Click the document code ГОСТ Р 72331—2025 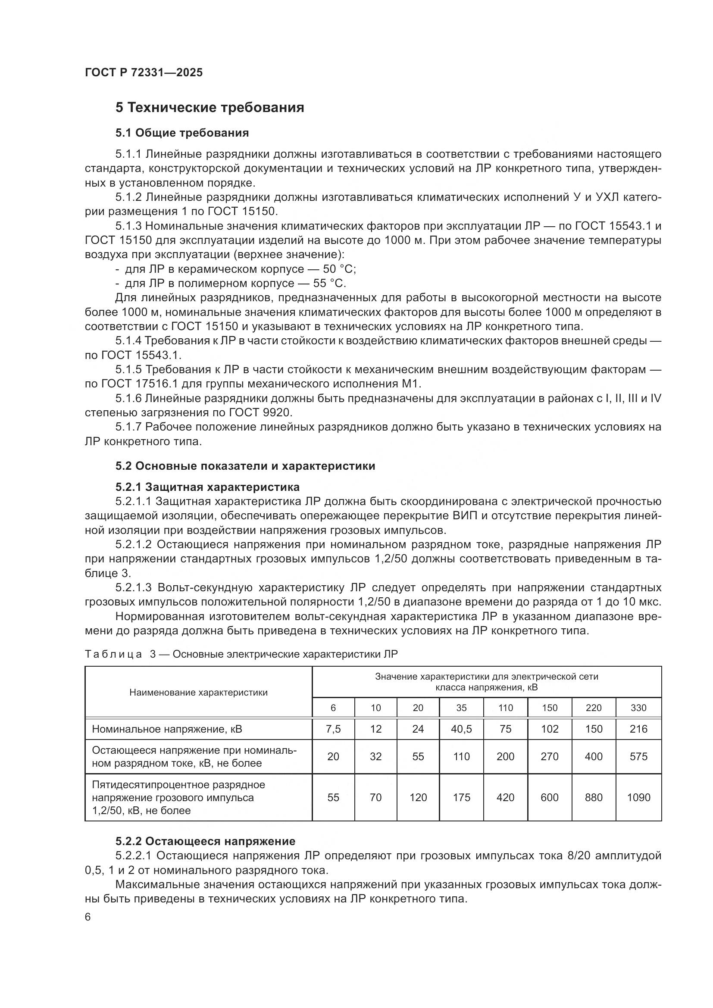click(144, 73)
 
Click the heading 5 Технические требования click(210, 108)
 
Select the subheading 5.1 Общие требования click(182, 133)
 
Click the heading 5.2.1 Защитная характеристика click(207, 487)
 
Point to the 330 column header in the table click(638, 708)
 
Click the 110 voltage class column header click(505, 708)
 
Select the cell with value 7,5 click(333, 729)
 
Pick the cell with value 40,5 click(461, 729)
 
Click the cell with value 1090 click(638, 797)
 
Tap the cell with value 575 click(638, 756)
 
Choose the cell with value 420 click(505, 797)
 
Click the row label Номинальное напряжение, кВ click(167, 729)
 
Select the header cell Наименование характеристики click(198, 693)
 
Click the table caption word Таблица click(113, 655)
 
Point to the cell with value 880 click(594, 797)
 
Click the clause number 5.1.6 click(128, 399)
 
